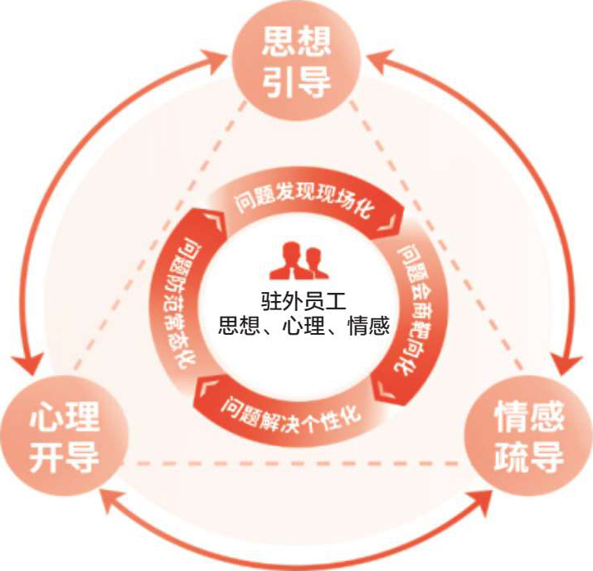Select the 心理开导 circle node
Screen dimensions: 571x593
tap(65, 436)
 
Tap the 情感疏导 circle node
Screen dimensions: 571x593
tap(527, 436)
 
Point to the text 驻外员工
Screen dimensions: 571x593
tap(296, 301)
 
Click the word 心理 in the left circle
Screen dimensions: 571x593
tap(65, 418)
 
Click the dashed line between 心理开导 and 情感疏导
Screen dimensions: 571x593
tap(295, 464)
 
